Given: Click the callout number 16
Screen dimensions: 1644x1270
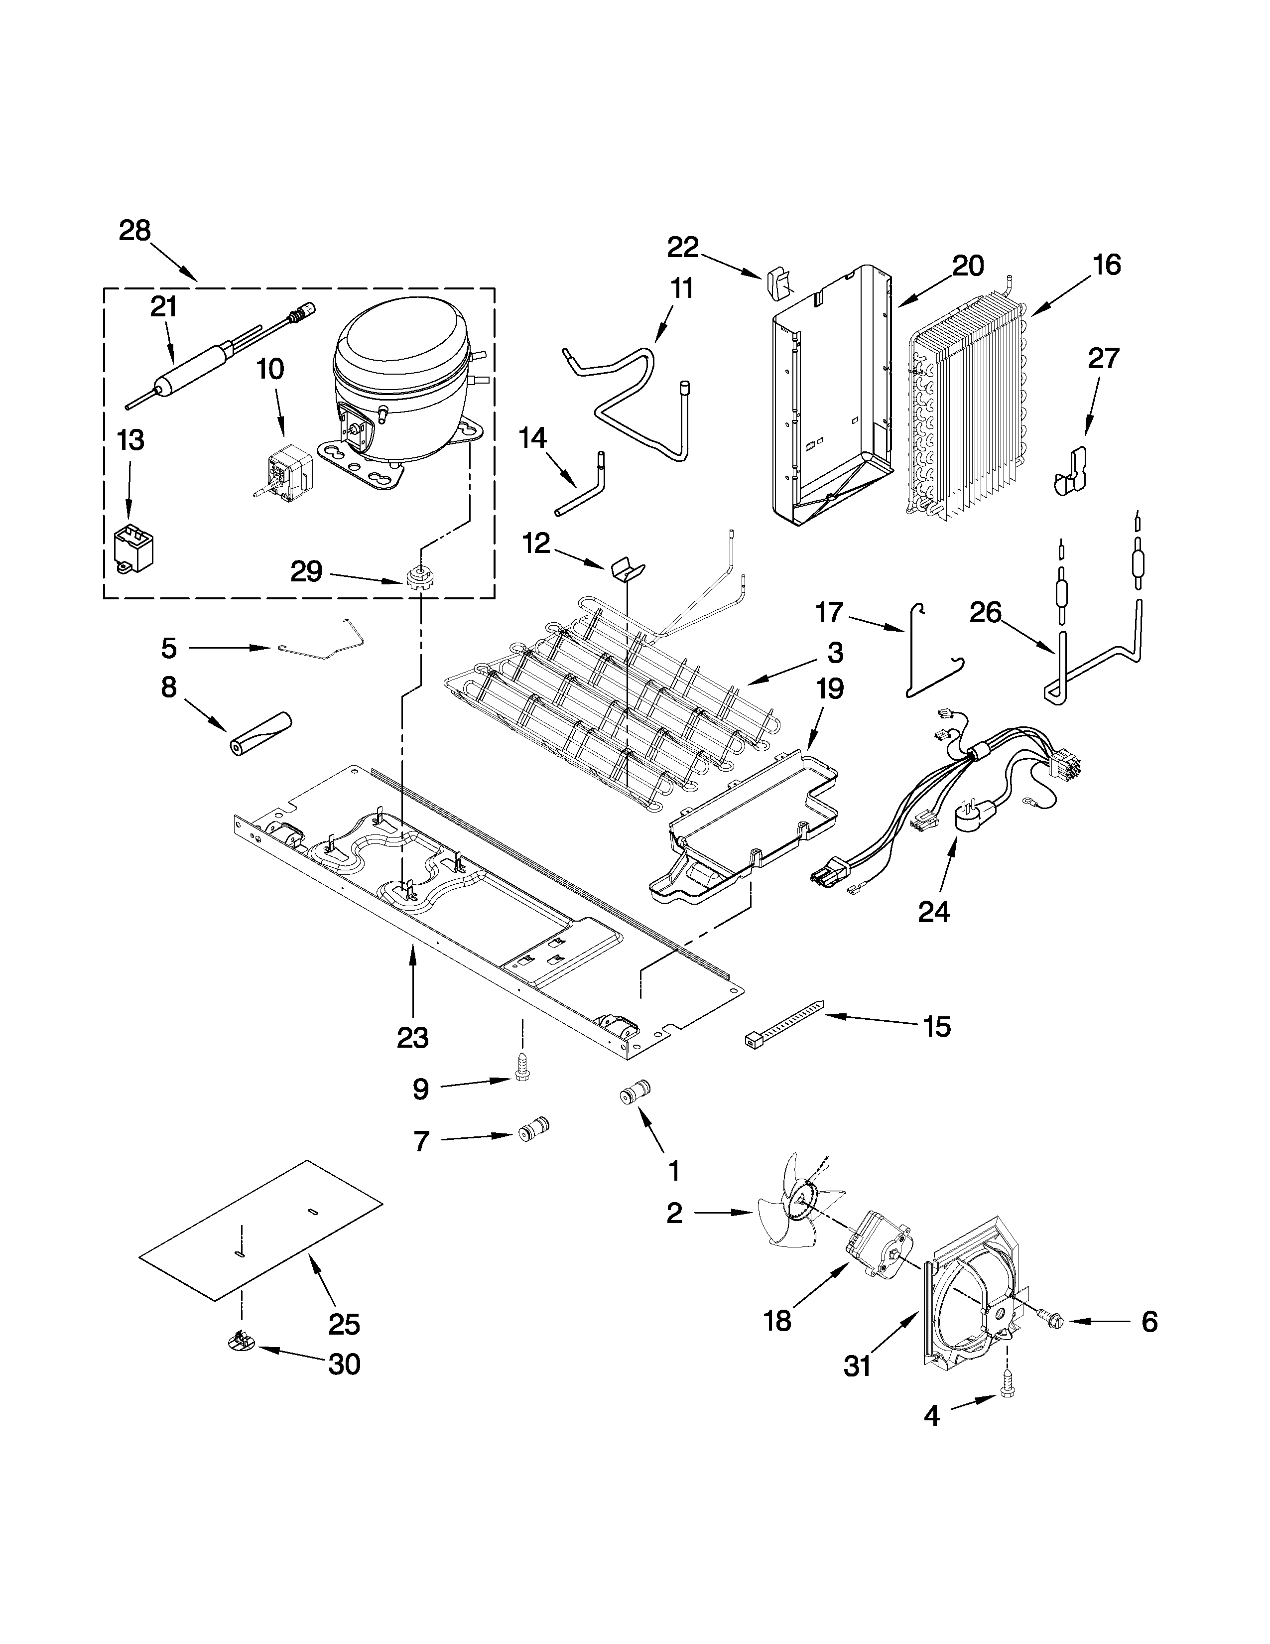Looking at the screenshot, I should tap(1107, 265).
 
